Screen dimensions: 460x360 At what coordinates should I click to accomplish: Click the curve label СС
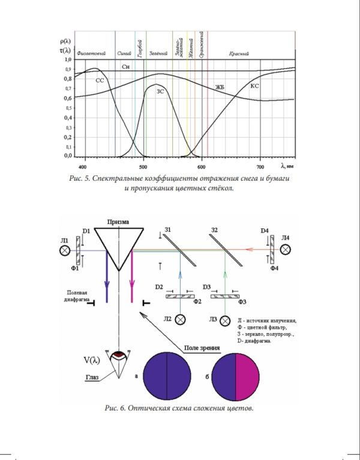tap(100, 79)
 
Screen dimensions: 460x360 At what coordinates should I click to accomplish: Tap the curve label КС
tap(254, 87)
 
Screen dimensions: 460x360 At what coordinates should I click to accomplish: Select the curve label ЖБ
tap(220, 88)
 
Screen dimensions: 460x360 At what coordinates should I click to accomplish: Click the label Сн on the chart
tap(125, 67)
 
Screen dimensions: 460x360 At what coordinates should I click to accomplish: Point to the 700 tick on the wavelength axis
tap(260, 165)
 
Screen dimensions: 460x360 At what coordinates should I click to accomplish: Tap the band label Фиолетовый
tap(94, 53)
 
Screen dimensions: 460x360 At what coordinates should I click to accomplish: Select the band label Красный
tap(239, 53)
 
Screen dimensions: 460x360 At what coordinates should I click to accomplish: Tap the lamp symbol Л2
tap(179, 319)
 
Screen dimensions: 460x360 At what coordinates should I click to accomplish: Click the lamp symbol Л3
tap(226, 320)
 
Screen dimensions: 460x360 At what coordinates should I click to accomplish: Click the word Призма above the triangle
tap(118, 221)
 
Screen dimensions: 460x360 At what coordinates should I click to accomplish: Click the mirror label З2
tap(215, 230)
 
